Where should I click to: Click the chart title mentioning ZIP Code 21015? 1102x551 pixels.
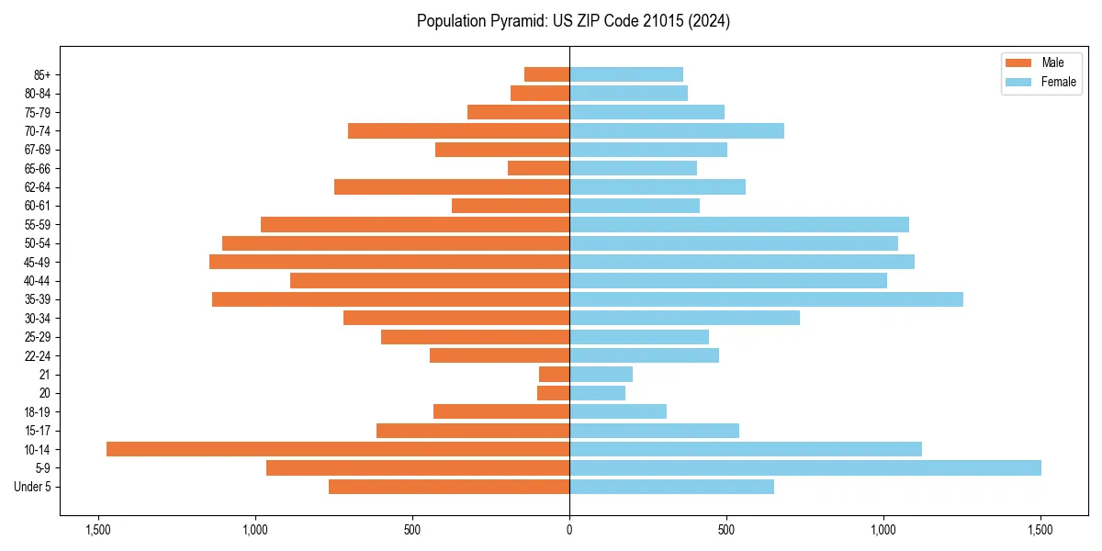(573, 21)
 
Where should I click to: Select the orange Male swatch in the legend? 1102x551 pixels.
(1018, 62)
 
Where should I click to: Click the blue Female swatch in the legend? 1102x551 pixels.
(1018, 82)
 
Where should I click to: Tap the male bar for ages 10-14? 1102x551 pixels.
(338, 449)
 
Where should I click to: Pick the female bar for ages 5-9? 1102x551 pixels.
(804, 467)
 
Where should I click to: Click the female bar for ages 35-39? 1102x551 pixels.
(766, 299)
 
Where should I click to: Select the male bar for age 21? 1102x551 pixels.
(555, 374)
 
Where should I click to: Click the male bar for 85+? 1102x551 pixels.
(547, 74)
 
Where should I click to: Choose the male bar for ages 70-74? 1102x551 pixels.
(459, 130)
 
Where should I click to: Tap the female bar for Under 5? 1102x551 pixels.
(671, 487)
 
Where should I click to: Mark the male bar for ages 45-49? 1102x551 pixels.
(389, 262)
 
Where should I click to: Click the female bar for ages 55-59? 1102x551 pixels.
(739, 224)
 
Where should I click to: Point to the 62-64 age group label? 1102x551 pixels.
(39, 187)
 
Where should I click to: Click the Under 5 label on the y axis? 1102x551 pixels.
(33, 487)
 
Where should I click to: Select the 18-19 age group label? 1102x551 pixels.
(39, 411)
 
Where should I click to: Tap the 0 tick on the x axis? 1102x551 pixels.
(569, 530)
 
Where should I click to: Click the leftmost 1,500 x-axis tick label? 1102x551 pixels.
(98, 530)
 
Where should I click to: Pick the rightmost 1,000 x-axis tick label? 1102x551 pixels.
(883, 530)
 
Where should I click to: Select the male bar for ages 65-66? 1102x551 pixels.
(539, 168)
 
